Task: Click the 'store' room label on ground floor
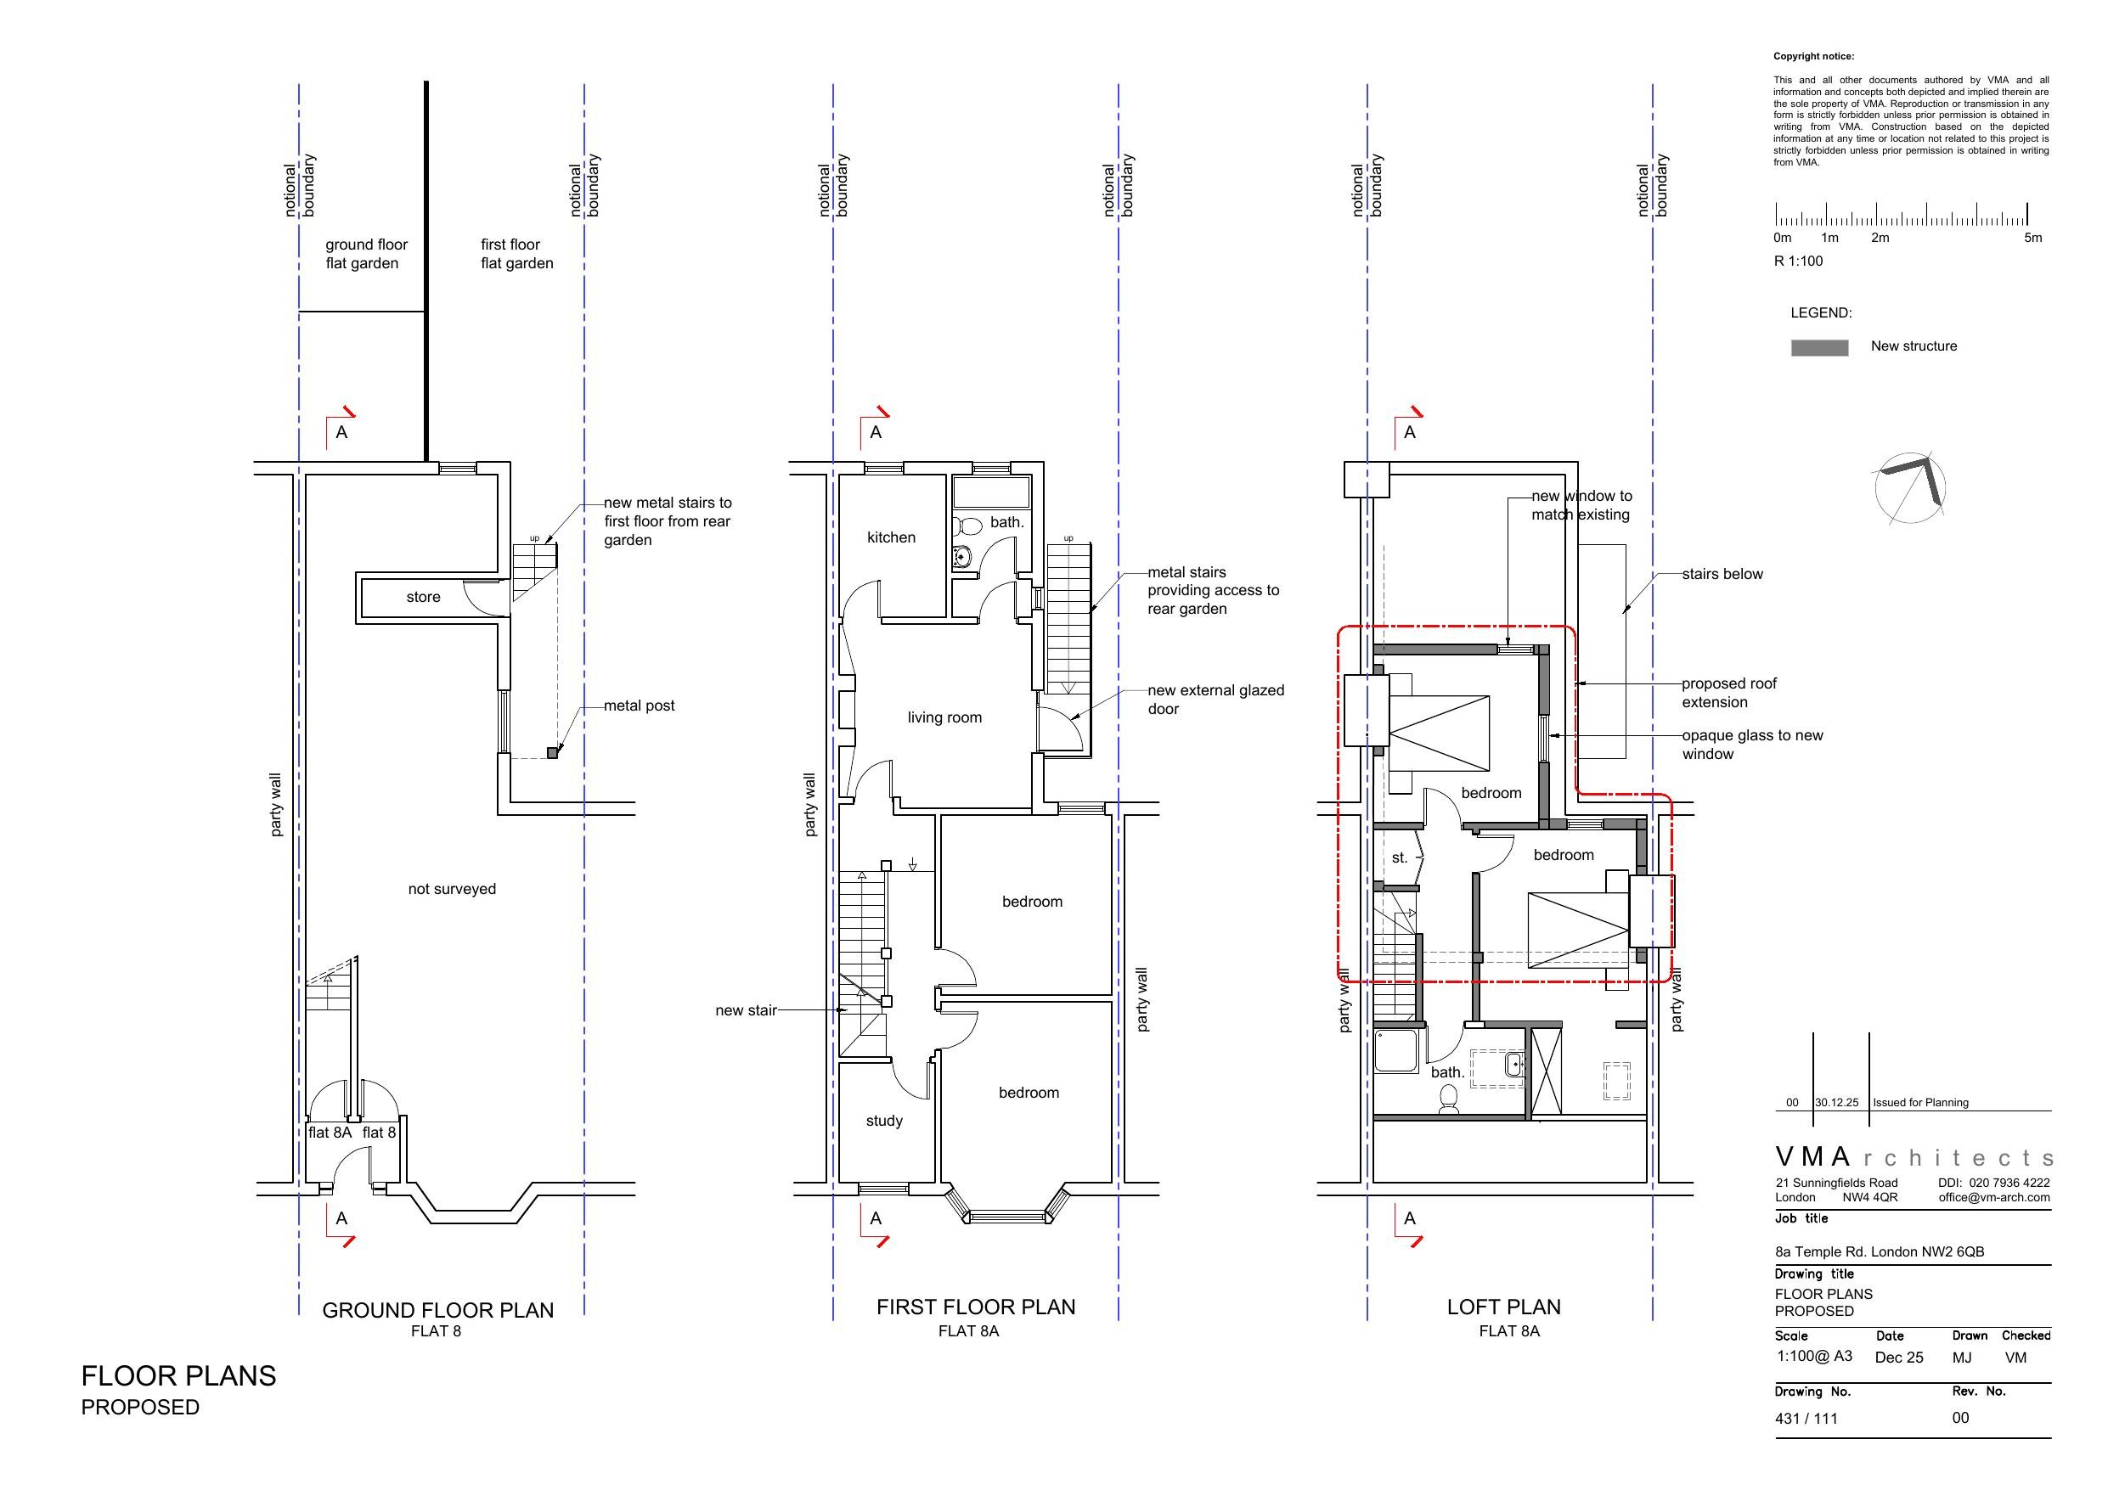[x=423, y=598]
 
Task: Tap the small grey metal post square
[x=553, y=753]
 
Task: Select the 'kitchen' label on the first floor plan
[x=891, y=538]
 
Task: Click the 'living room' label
[x=944, y=718]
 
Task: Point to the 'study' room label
[x=884, y=1121]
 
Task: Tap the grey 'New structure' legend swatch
[x=1818, y=348]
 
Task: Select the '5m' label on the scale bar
[x=2032, y=238]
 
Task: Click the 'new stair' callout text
[x=746, y=1011]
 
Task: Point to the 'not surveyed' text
[x=452, y=890]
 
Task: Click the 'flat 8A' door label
[x=330, y=1133]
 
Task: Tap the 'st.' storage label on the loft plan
[x=1399, y=858]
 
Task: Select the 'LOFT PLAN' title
[x=1503, y=1307]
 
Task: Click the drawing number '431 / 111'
[x=1806, y=1419]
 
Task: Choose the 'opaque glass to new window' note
[x=1752, y=745]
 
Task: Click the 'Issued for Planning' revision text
[x=1919, y=1103]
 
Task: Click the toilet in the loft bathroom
[x=1449, y=1098]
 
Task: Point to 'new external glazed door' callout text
[x=1215, y=700]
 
